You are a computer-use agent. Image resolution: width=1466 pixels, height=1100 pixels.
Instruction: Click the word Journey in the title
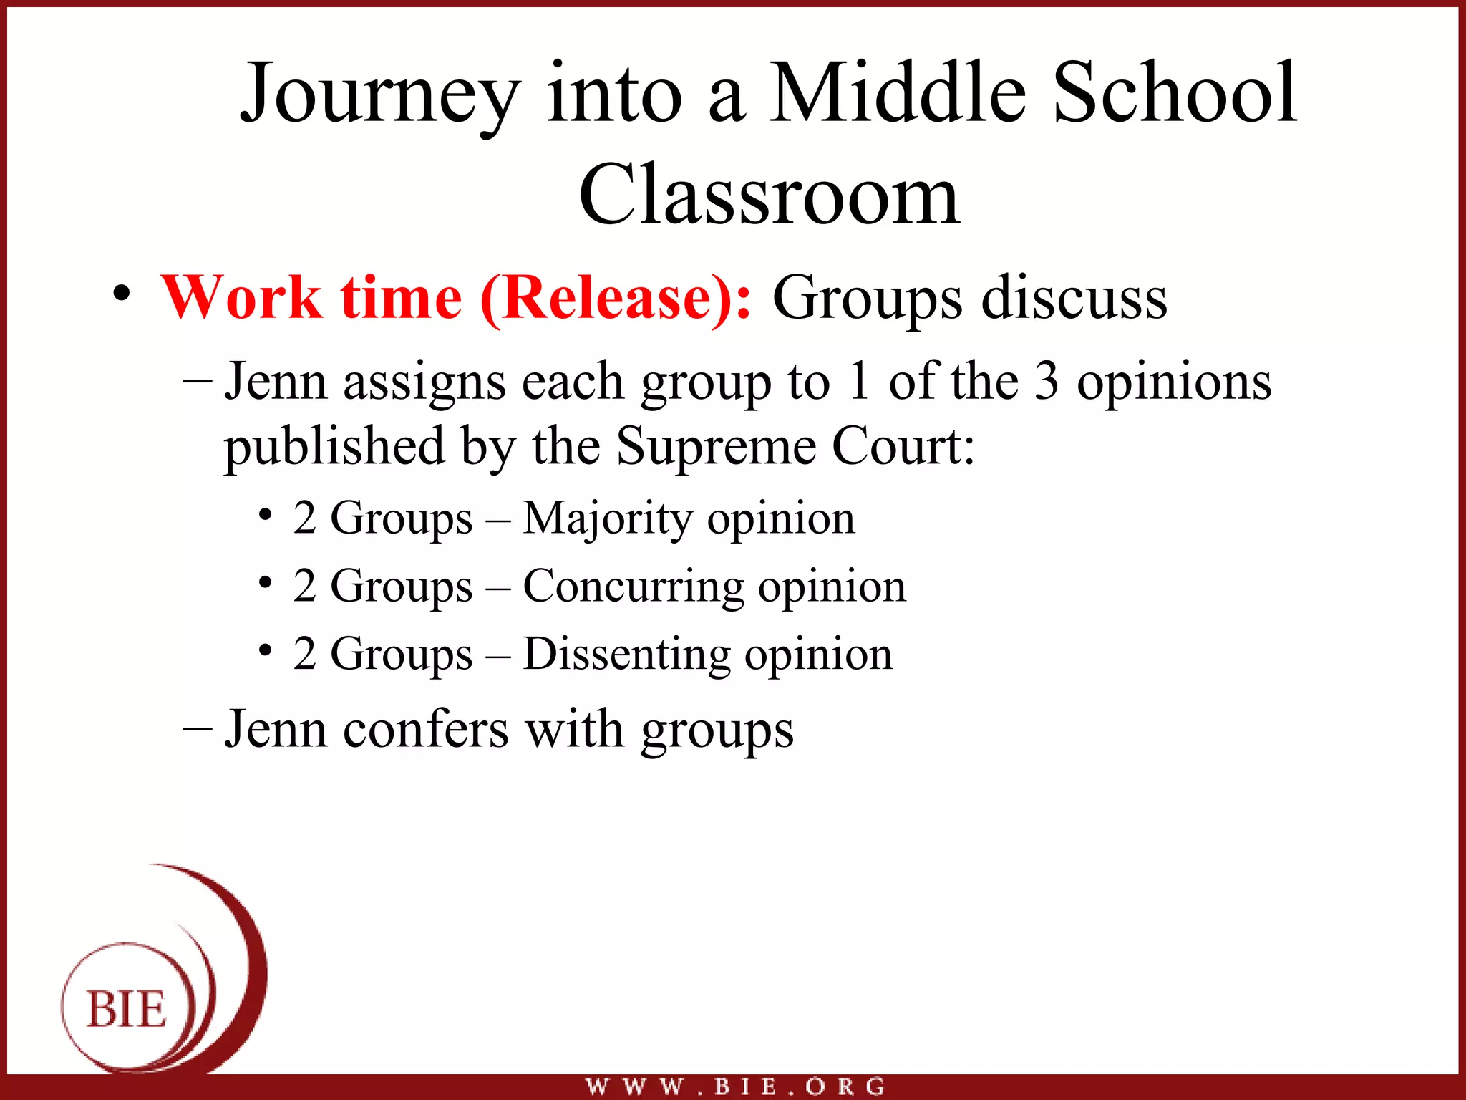tap(379, 97)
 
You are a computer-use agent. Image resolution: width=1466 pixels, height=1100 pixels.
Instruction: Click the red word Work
tap(241, 298)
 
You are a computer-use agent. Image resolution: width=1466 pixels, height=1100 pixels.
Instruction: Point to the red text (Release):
tap(616, 299)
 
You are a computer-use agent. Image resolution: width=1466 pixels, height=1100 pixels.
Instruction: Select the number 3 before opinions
tap(1047, 381)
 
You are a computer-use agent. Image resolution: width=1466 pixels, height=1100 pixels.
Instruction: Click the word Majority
tap(606, 518)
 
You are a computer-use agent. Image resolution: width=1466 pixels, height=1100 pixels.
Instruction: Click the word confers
tap(426, 729)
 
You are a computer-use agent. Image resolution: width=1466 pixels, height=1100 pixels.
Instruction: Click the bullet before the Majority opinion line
tap(266, 515)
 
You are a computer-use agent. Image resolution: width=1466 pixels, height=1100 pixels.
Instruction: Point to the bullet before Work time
tap(122, 294)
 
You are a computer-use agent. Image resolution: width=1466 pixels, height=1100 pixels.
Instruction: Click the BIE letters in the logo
tap(127, 1009)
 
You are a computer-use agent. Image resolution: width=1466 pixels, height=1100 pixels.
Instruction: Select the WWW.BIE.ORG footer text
tap(735, 1086)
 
